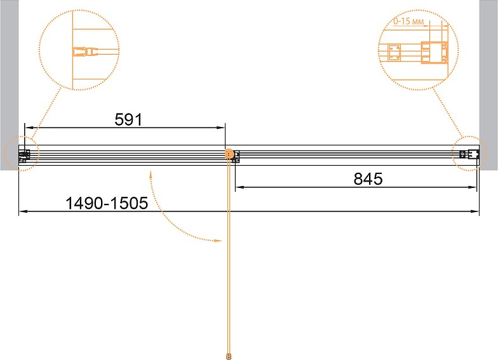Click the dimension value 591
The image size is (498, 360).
(128, 119)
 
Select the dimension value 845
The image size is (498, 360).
(368, 179)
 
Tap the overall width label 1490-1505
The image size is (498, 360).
(107, 203)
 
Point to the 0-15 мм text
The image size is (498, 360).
(408, 22)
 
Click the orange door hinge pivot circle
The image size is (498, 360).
(229, 154)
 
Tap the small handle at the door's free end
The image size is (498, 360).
(229, 356)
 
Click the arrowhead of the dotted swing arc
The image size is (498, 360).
(219, 241)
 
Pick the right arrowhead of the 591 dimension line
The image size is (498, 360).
(221, 128)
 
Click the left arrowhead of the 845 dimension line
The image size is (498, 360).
(239, 187)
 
